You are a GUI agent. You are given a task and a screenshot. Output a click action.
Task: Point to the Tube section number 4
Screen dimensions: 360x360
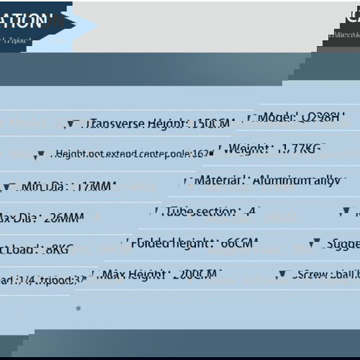click(251, 212)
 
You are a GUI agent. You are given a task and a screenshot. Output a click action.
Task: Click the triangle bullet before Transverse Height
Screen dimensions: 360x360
click(69, 125)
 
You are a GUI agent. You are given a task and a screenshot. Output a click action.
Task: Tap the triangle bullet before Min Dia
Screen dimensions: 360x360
click(7, 187)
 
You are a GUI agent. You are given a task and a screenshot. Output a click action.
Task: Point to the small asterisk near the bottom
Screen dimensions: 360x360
click(78, 308)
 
